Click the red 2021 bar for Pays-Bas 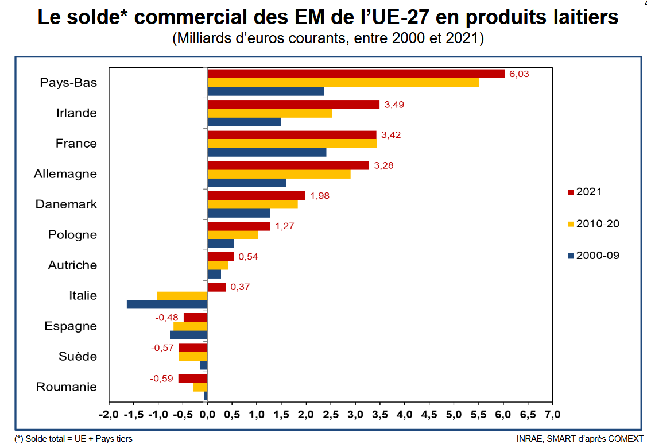pos(356,74)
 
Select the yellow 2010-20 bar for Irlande pos(269,113)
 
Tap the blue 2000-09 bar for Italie pos(166,304)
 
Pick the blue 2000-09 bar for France pos(266,152)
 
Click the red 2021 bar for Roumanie pos(192,379)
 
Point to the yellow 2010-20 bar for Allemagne pos(278,174)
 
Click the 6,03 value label pos(519,74)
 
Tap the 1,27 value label pos(285,226)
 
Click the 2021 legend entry pos(588,192)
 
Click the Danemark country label pos(66,204)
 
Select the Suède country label pos(78,357)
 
